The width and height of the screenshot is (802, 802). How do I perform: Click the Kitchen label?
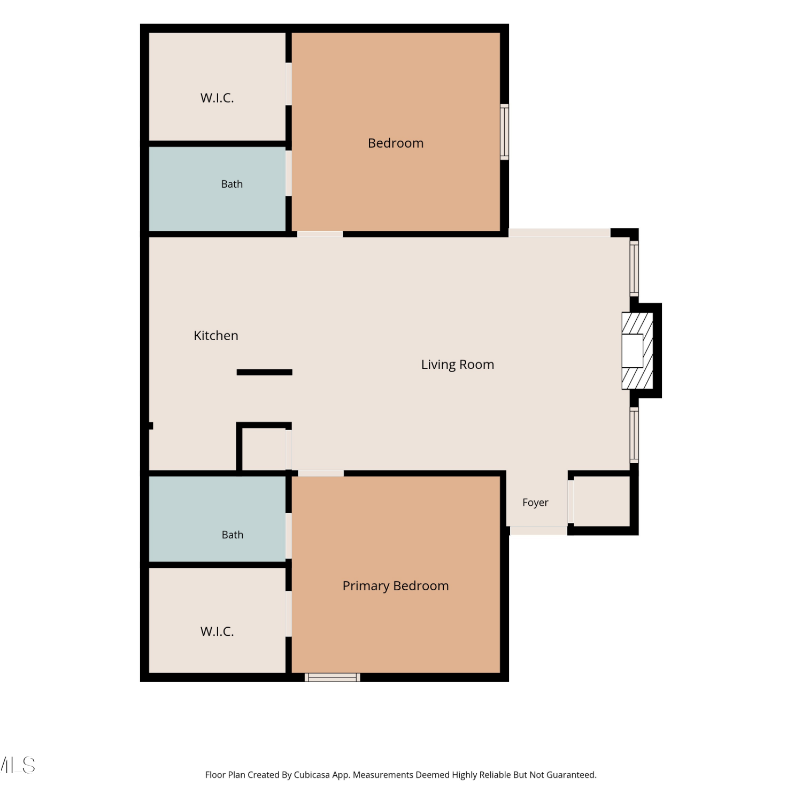[216, 336]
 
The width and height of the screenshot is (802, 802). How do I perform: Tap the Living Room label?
[458, 365]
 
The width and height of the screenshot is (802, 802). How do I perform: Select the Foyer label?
[535, 503]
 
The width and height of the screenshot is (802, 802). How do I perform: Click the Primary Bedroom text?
[396, 586]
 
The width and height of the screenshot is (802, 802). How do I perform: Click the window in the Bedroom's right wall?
[504, 132]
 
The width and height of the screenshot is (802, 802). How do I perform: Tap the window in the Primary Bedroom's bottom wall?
[333, 677]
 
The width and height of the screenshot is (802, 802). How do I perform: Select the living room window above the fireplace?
[634, 268]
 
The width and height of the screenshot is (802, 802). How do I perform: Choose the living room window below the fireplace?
[634, 435]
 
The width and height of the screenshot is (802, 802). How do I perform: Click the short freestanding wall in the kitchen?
[265, 372]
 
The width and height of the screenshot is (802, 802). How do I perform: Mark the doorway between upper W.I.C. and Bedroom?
[289, 84]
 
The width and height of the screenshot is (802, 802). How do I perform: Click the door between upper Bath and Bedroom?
[289, 173]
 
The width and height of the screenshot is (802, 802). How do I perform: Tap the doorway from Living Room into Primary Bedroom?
[321, 473]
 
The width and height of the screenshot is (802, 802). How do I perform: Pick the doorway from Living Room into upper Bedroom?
[320, 234]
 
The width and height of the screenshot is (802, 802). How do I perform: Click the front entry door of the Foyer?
[538, 530]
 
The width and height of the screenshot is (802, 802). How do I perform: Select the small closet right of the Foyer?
[603, 501]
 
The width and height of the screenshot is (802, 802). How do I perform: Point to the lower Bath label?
[233, 535]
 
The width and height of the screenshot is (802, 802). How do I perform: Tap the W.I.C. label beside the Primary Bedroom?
[217, 631]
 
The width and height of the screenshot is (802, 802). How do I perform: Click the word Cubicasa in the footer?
[312, 775]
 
